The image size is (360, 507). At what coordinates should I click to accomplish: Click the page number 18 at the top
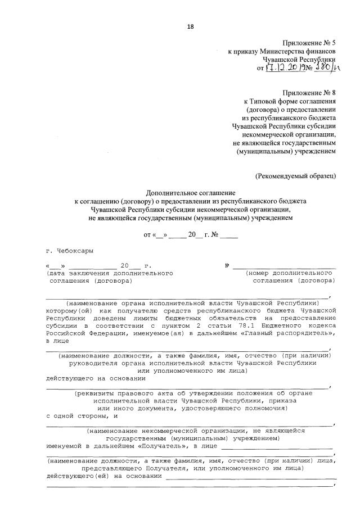point(190,26)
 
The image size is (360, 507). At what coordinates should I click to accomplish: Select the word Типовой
point(264,101)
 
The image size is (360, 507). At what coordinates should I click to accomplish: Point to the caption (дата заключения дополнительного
point(110,273)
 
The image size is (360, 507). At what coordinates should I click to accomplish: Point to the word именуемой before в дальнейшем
point(64,446)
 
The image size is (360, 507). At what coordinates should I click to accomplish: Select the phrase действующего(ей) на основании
point(103,476)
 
